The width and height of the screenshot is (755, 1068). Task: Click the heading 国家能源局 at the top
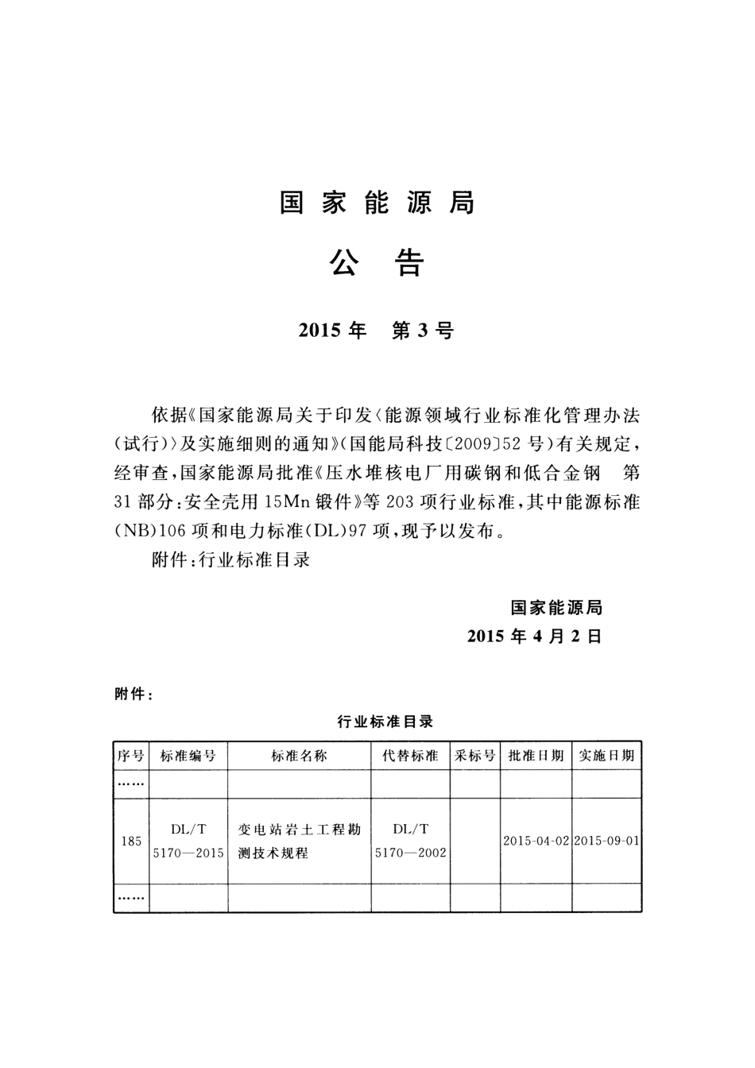[377, 203]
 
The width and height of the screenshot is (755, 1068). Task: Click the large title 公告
[377, 263]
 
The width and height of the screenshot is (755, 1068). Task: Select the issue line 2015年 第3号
[377, 331]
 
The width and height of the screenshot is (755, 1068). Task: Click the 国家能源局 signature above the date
[556, 608]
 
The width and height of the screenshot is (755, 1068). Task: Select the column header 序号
[131, 756]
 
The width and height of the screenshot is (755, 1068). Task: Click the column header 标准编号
[188, 756]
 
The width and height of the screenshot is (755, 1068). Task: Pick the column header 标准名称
[299, 756]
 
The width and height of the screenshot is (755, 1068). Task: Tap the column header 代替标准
[411, 756]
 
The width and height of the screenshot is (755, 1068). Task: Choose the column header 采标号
[475, 756]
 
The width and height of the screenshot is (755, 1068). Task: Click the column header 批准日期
[536, 756]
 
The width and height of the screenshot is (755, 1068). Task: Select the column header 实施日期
[606, 756]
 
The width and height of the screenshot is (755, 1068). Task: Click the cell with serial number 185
[131, 841]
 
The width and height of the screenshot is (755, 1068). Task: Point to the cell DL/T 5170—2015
[188, 841]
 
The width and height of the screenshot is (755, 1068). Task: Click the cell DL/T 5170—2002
[411, 841]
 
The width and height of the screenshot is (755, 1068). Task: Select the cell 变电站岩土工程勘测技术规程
[299, 841]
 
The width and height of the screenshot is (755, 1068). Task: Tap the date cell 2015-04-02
[536, 841]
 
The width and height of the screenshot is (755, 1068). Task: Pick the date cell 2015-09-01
[606, 841]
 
